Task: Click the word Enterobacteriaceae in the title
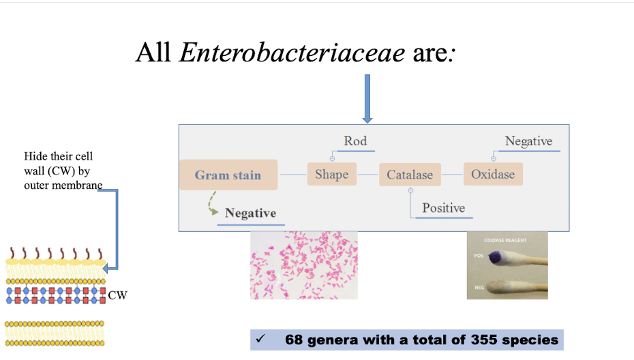292,52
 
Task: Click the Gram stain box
228,175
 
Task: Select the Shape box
331,175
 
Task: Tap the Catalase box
410,175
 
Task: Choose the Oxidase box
493,174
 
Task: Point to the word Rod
355,141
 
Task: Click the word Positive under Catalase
443,208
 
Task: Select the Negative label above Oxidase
528,141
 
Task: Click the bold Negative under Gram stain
250,213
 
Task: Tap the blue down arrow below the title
367,99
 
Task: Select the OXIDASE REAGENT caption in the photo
505,241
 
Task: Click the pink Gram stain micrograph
304,265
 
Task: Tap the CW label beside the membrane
117,295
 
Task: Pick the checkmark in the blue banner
260,339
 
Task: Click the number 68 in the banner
293,340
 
